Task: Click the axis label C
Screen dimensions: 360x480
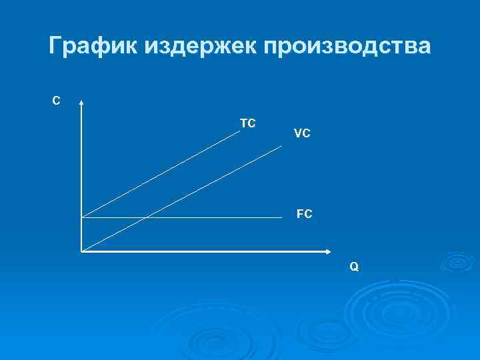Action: click(x=57, y=101)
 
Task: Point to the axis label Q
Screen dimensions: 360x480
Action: click(x=354, y=267)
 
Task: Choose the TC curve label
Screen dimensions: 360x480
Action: click(x=248, y=123)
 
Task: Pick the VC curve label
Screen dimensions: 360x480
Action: click(x=301, y=133)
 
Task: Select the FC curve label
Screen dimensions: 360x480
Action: click(x=305, y=215)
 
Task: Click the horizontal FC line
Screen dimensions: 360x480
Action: click(x=213, y=217)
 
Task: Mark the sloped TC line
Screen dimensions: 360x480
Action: click(x=173, y=167)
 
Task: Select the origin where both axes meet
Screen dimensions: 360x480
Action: click(x=81, y=252)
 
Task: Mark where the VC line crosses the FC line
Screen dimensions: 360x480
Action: click(x=145, y=217)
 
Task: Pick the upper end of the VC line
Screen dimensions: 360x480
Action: click(x=281, y=146)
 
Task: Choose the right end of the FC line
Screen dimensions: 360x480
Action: click(x=281, y=217)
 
